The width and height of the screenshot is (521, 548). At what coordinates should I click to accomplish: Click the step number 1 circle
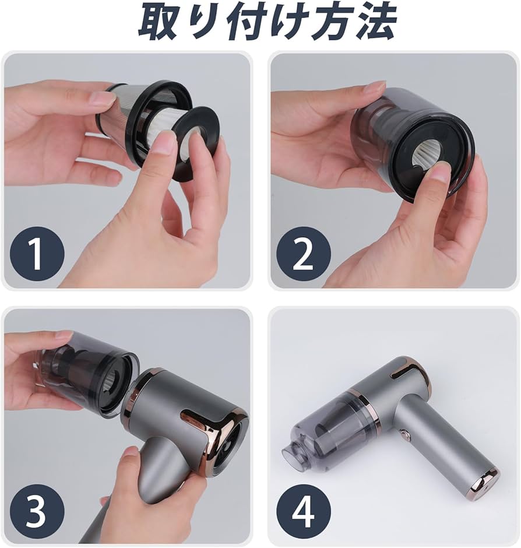[37, 253]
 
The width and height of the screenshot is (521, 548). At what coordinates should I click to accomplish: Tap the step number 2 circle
[303, 253]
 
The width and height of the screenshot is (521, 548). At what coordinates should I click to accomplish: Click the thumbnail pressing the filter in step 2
[440, 174]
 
